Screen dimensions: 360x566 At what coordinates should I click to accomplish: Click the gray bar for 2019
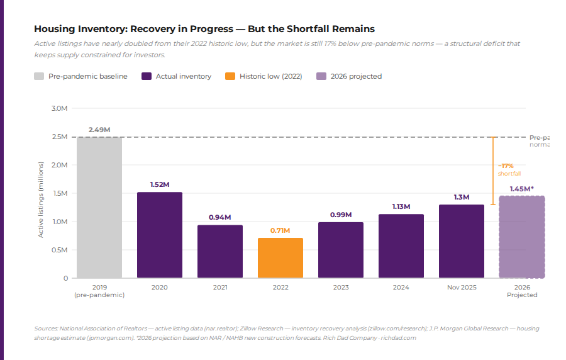[x=99, y=208]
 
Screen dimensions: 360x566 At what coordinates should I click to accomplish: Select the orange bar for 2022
[x=280, y=258]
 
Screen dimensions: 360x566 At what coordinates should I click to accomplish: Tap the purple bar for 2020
[x=160, y=235]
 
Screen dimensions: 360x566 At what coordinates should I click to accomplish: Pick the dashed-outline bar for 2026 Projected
[x=521, y=237]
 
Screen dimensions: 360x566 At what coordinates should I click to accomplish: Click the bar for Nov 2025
[x=462, y=241]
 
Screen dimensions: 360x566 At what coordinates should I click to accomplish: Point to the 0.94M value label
[x=220, y=217]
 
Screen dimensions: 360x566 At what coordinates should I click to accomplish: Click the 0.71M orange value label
[x=280, y=230]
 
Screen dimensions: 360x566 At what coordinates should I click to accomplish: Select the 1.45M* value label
[x=521, y=188]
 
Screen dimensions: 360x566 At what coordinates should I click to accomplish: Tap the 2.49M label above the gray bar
[x=99, y=130]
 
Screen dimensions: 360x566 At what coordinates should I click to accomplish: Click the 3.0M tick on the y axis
[x=59, y=108]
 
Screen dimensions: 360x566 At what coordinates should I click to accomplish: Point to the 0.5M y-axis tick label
[x=59, y=250]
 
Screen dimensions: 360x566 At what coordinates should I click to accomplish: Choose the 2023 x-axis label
[x=340, y=288]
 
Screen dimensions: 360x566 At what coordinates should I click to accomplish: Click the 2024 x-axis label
[x=401, y=288]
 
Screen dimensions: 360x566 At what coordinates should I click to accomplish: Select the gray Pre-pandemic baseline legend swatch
[x=39, y=76]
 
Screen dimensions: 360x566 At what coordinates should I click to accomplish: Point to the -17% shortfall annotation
[x=509, y=169]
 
